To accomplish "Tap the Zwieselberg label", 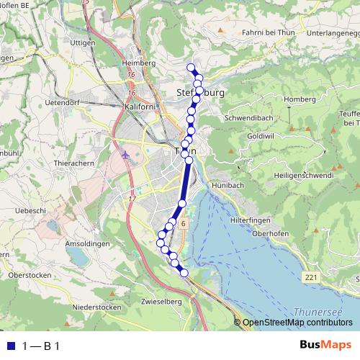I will click(x=162, y=301).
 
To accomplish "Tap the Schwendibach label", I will click(x=248, y=117).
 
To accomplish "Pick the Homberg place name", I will click(x=300, y=99).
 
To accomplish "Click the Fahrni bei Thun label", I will click(x=270, y=31).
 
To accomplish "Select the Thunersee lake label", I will click(x=315, y=312).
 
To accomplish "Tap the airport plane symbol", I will click(x=127, y=155).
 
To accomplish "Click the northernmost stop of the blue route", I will click(x=192, y=68).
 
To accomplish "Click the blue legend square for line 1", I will click(x=11, y=346).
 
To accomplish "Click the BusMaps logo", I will click(x=325, y=345).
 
